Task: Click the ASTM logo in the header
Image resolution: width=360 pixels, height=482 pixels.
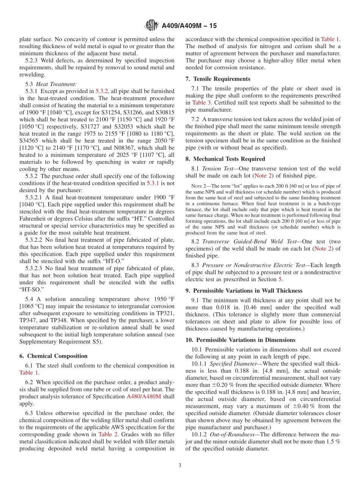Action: tap(152, 26)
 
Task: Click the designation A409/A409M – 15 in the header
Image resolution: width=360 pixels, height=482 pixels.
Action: tap(189, 26)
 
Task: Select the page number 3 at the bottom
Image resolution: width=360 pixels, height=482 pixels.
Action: tap(180, 466)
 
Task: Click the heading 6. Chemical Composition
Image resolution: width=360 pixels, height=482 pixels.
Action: tap(53, 356)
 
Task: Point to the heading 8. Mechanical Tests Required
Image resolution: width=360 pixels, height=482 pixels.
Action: tap(225, 159)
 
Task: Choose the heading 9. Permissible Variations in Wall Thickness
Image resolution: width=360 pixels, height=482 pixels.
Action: tap(244, 291)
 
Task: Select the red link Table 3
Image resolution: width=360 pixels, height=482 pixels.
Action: tap(199, 103)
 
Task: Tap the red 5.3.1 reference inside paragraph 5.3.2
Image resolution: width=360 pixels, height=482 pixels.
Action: tap(153, 183)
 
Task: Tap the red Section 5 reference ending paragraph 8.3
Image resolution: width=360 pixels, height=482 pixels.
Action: tap(280, 279)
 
